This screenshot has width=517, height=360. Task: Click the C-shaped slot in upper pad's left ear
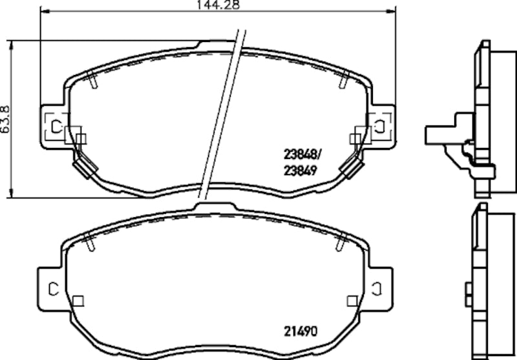pos(55,125)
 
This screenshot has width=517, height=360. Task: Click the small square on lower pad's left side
pos(78,301)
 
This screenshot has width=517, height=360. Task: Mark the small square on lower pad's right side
pos(352,301)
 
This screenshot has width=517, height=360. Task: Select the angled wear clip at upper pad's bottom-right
pos(350,169)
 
